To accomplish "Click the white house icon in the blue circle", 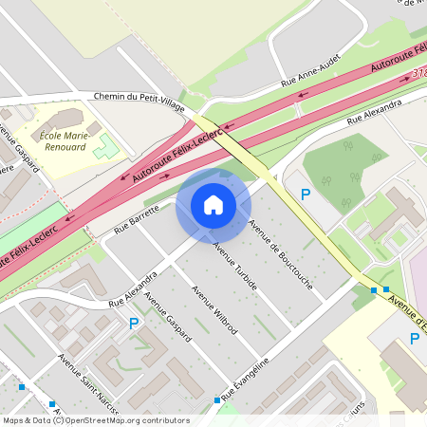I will point(213,204).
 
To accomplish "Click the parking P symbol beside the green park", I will point(306,195).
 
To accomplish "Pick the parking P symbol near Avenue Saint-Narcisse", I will point(134,324).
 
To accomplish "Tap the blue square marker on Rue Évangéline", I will point(217,401).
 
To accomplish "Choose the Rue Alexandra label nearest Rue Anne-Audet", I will point(374,110).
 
